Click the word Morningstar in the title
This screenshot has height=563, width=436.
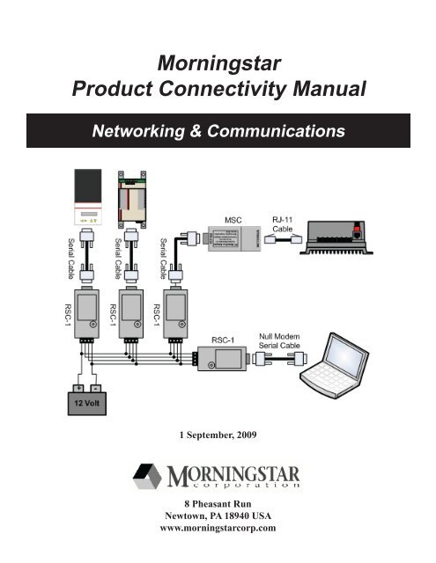pyautogui.click(x=218, y=62)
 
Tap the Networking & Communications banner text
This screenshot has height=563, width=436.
pyautogui.click(x=218, y=132)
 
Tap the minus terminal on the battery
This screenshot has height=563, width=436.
pyautogui.click(x=95, y=387)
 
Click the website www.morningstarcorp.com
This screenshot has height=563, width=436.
pyautogui.click(x=218, y=529)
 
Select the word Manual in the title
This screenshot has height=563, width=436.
pyautogui.click(x=328, y=89)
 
